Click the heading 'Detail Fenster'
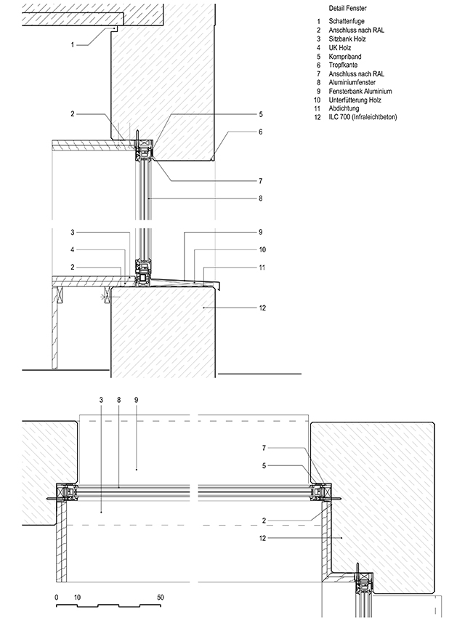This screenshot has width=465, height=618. point(347,8)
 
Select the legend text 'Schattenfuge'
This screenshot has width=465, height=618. point(347,21)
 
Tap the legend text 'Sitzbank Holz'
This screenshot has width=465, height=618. point(347,39)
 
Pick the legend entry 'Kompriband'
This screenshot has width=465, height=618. point(345,57)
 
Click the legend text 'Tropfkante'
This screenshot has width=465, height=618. point(343,65)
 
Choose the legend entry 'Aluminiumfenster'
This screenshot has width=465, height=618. point(352,82)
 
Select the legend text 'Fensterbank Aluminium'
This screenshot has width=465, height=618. point(360,91)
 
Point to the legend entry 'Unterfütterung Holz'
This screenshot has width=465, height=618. point(355,100)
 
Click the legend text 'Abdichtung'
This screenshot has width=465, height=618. point(344,108)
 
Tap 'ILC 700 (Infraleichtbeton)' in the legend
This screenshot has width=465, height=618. point(363,117)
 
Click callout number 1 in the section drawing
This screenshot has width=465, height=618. point(73,45)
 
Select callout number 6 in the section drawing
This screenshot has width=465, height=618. point(260,132)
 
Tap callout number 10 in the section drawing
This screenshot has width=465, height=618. point(262,250)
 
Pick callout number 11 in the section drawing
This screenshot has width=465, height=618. point(262,268)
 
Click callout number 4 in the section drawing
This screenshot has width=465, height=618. point(73,250)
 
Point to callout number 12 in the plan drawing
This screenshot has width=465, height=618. point(262,538)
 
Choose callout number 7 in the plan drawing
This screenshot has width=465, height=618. point(264,448)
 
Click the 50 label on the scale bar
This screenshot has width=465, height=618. point(161,598)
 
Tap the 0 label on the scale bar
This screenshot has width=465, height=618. point(56,598)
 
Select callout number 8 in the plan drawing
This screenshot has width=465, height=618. point(119,400)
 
